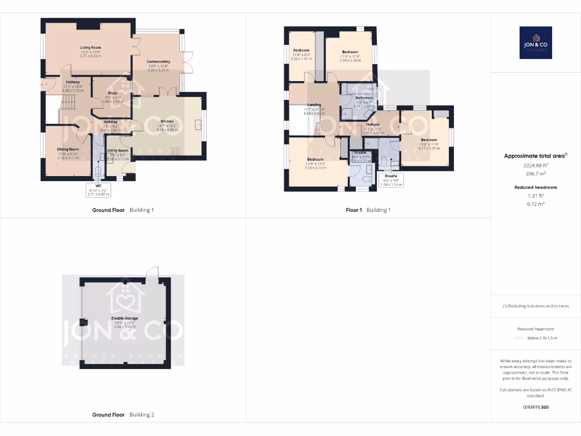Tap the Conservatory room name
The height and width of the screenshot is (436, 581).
coord(158,61)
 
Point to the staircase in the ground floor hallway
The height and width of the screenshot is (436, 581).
coord(68,103)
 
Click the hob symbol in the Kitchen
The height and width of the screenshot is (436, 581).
coord(175,151)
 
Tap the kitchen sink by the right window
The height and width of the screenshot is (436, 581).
coord(198,125)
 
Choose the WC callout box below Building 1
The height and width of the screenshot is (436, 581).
coord(98,190)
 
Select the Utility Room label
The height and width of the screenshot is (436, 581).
coord(119,150)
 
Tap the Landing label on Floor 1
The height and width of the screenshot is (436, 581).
coord(314,104)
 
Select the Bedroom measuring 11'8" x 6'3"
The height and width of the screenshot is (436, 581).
coord(301,51)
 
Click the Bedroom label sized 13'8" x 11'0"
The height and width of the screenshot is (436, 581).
coord(429,140)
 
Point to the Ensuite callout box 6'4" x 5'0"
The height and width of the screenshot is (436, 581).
coord(391,180)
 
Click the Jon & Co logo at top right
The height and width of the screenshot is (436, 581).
coord(536,43)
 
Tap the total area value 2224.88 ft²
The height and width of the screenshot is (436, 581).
coord(536,165)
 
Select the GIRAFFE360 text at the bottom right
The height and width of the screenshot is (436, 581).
coord(536,407)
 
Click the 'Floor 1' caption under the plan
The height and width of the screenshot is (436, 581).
coord(354,210)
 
